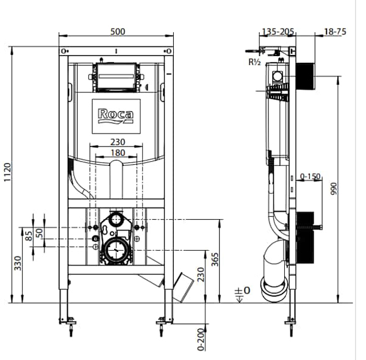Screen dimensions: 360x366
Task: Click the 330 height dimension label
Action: click(18, 263)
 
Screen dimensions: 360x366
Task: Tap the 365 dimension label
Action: click(215, 260)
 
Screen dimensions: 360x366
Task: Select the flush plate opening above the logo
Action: click(116, 77)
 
